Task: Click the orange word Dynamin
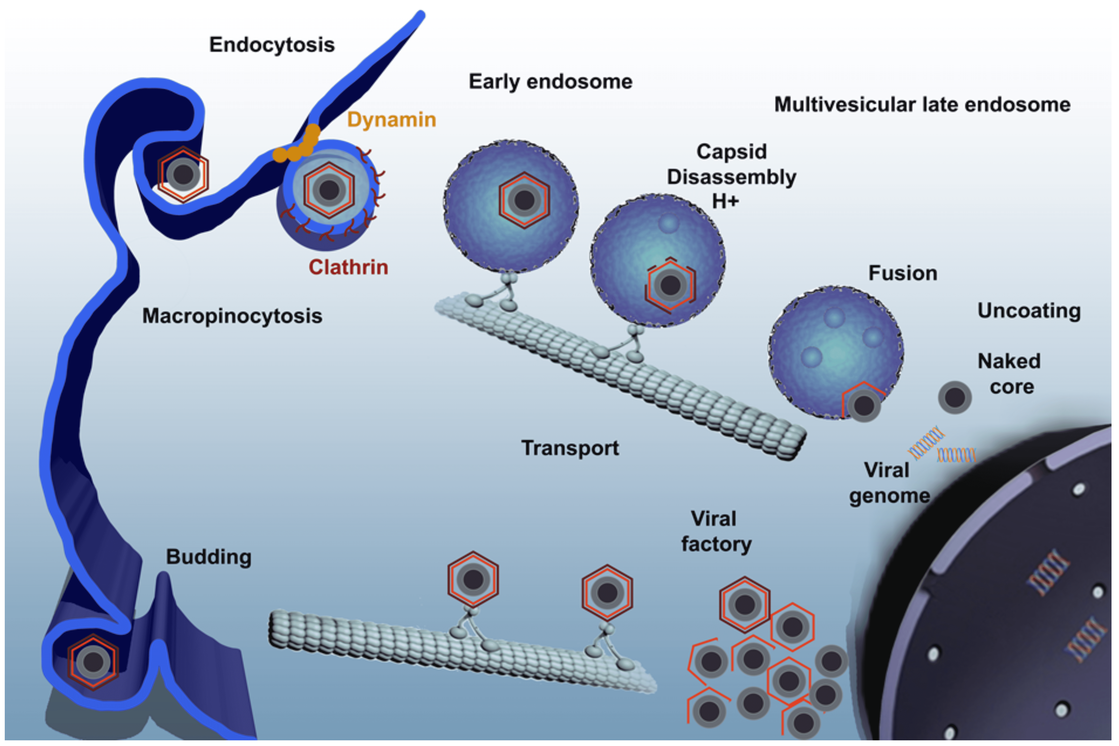pyautogui.click(x=391, y=119)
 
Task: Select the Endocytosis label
pyautogui.click(x=272, y=45)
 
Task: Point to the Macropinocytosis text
pyautogui.click(x=232, y=316)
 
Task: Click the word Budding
pyautogui.click(x=209, y=557)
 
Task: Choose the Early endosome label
pyautogui.click(x=550, y=82)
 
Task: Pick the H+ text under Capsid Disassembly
pyautogui.click(x=725, y=201)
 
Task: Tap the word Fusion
pyautogui.click(x=902, y=273)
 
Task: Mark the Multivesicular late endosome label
pyautogui.click(x=922, y=105)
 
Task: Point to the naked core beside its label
pyautogui.click(x=954, y=397)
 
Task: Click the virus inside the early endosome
pyautogui.click(x=524, y=200)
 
